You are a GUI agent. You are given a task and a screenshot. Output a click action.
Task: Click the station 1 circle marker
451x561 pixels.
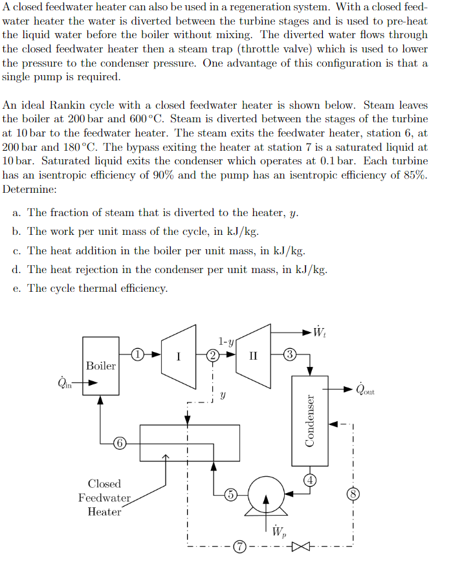137,354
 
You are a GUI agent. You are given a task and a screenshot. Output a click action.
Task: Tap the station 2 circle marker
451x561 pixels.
212,355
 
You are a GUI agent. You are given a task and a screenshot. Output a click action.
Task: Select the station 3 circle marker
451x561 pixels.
290,354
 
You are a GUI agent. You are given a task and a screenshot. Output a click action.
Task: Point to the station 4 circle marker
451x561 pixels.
311,479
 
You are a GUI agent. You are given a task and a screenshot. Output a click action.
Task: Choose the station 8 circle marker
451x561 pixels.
353,492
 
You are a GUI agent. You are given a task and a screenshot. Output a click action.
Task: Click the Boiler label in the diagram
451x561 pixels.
101,366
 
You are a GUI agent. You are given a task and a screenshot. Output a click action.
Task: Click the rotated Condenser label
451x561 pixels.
310,420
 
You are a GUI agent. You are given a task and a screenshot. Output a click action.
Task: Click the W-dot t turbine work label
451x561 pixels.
319,333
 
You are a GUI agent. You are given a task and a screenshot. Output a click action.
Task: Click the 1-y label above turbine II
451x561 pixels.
226,340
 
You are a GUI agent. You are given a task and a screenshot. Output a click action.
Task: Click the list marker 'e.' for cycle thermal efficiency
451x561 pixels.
17,288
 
